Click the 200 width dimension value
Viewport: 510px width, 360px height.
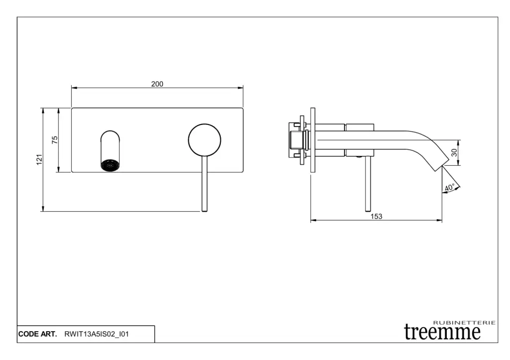coord(157,84)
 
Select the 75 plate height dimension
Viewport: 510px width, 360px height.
coord(55,140)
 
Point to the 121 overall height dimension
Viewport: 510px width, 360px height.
coord(39,159)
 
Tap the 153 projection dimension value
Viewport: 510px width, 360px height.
coord(377,216)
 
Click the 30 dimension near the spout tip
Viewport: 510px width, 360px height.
coord(454,152)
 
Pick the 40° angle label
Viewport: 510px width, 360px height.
coord(450,188)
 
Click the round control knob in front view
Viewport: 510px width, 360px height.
coord(205,140)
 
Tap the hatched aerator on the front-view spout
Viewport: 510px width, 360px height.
coord(110,165)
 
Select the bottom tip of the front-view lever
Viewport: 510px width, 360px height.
coord(205,212)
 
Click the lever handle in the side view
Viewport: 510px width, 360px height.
coord(368,184)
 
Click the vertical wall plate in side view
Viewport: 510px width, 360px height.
coord(313,140)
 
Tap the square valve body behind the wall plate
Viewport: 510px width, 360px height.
coord(296,140)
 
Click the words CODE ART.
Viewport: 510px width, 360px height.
coord(37,334)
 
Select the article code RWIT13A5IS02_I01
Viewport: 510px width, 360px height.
coord(96,334)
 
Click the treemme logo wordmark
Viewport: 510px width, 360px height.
coord(442,332)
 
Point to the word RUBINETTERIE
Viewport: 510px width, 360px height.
coord(464,323)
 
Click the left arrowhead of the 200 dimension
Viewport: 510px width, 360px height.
coord(74,88)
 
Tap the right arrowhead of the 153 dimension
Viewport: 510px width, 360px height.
coord(439,221)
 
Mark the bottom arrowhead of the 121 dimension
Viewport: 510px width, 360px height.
coord(43,209)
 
